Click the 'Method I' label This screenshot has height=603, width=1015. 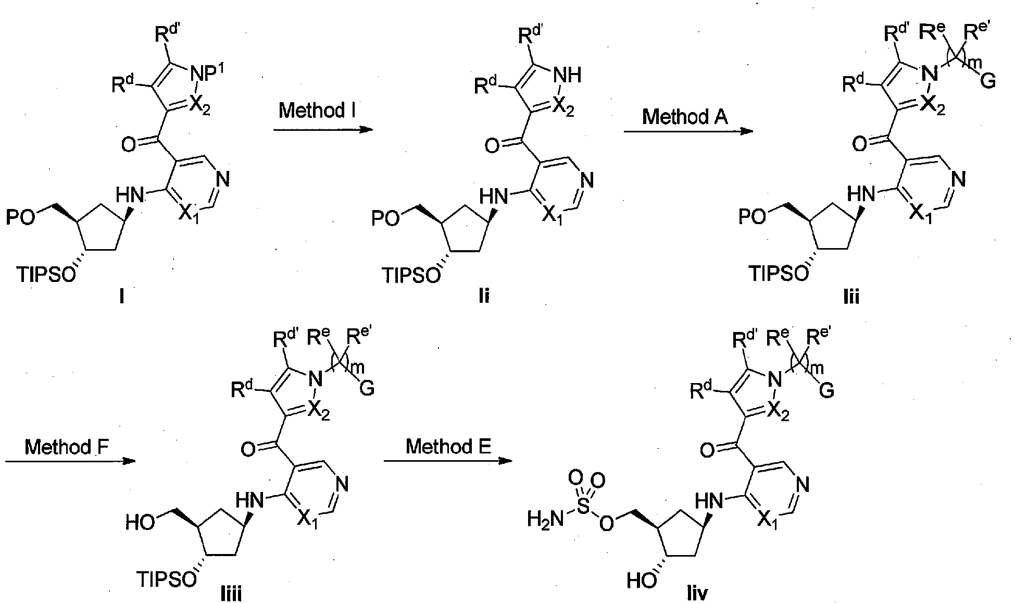click(x=317, y=110)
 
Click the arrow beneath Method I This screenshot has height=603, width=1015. click(x=323, y=129)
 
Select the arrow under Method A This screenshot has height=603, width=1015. click(x=688, y=131)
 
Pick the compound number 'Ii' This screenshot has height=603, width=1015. click(x=484, y=297)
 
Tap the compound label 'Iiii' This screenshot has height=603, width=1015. click(x=225, y=593)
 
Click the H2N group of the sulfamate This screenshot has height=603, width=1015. click(x=545, y=519)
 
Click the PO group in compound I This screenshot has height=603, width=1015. click(x=20, y=218)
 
